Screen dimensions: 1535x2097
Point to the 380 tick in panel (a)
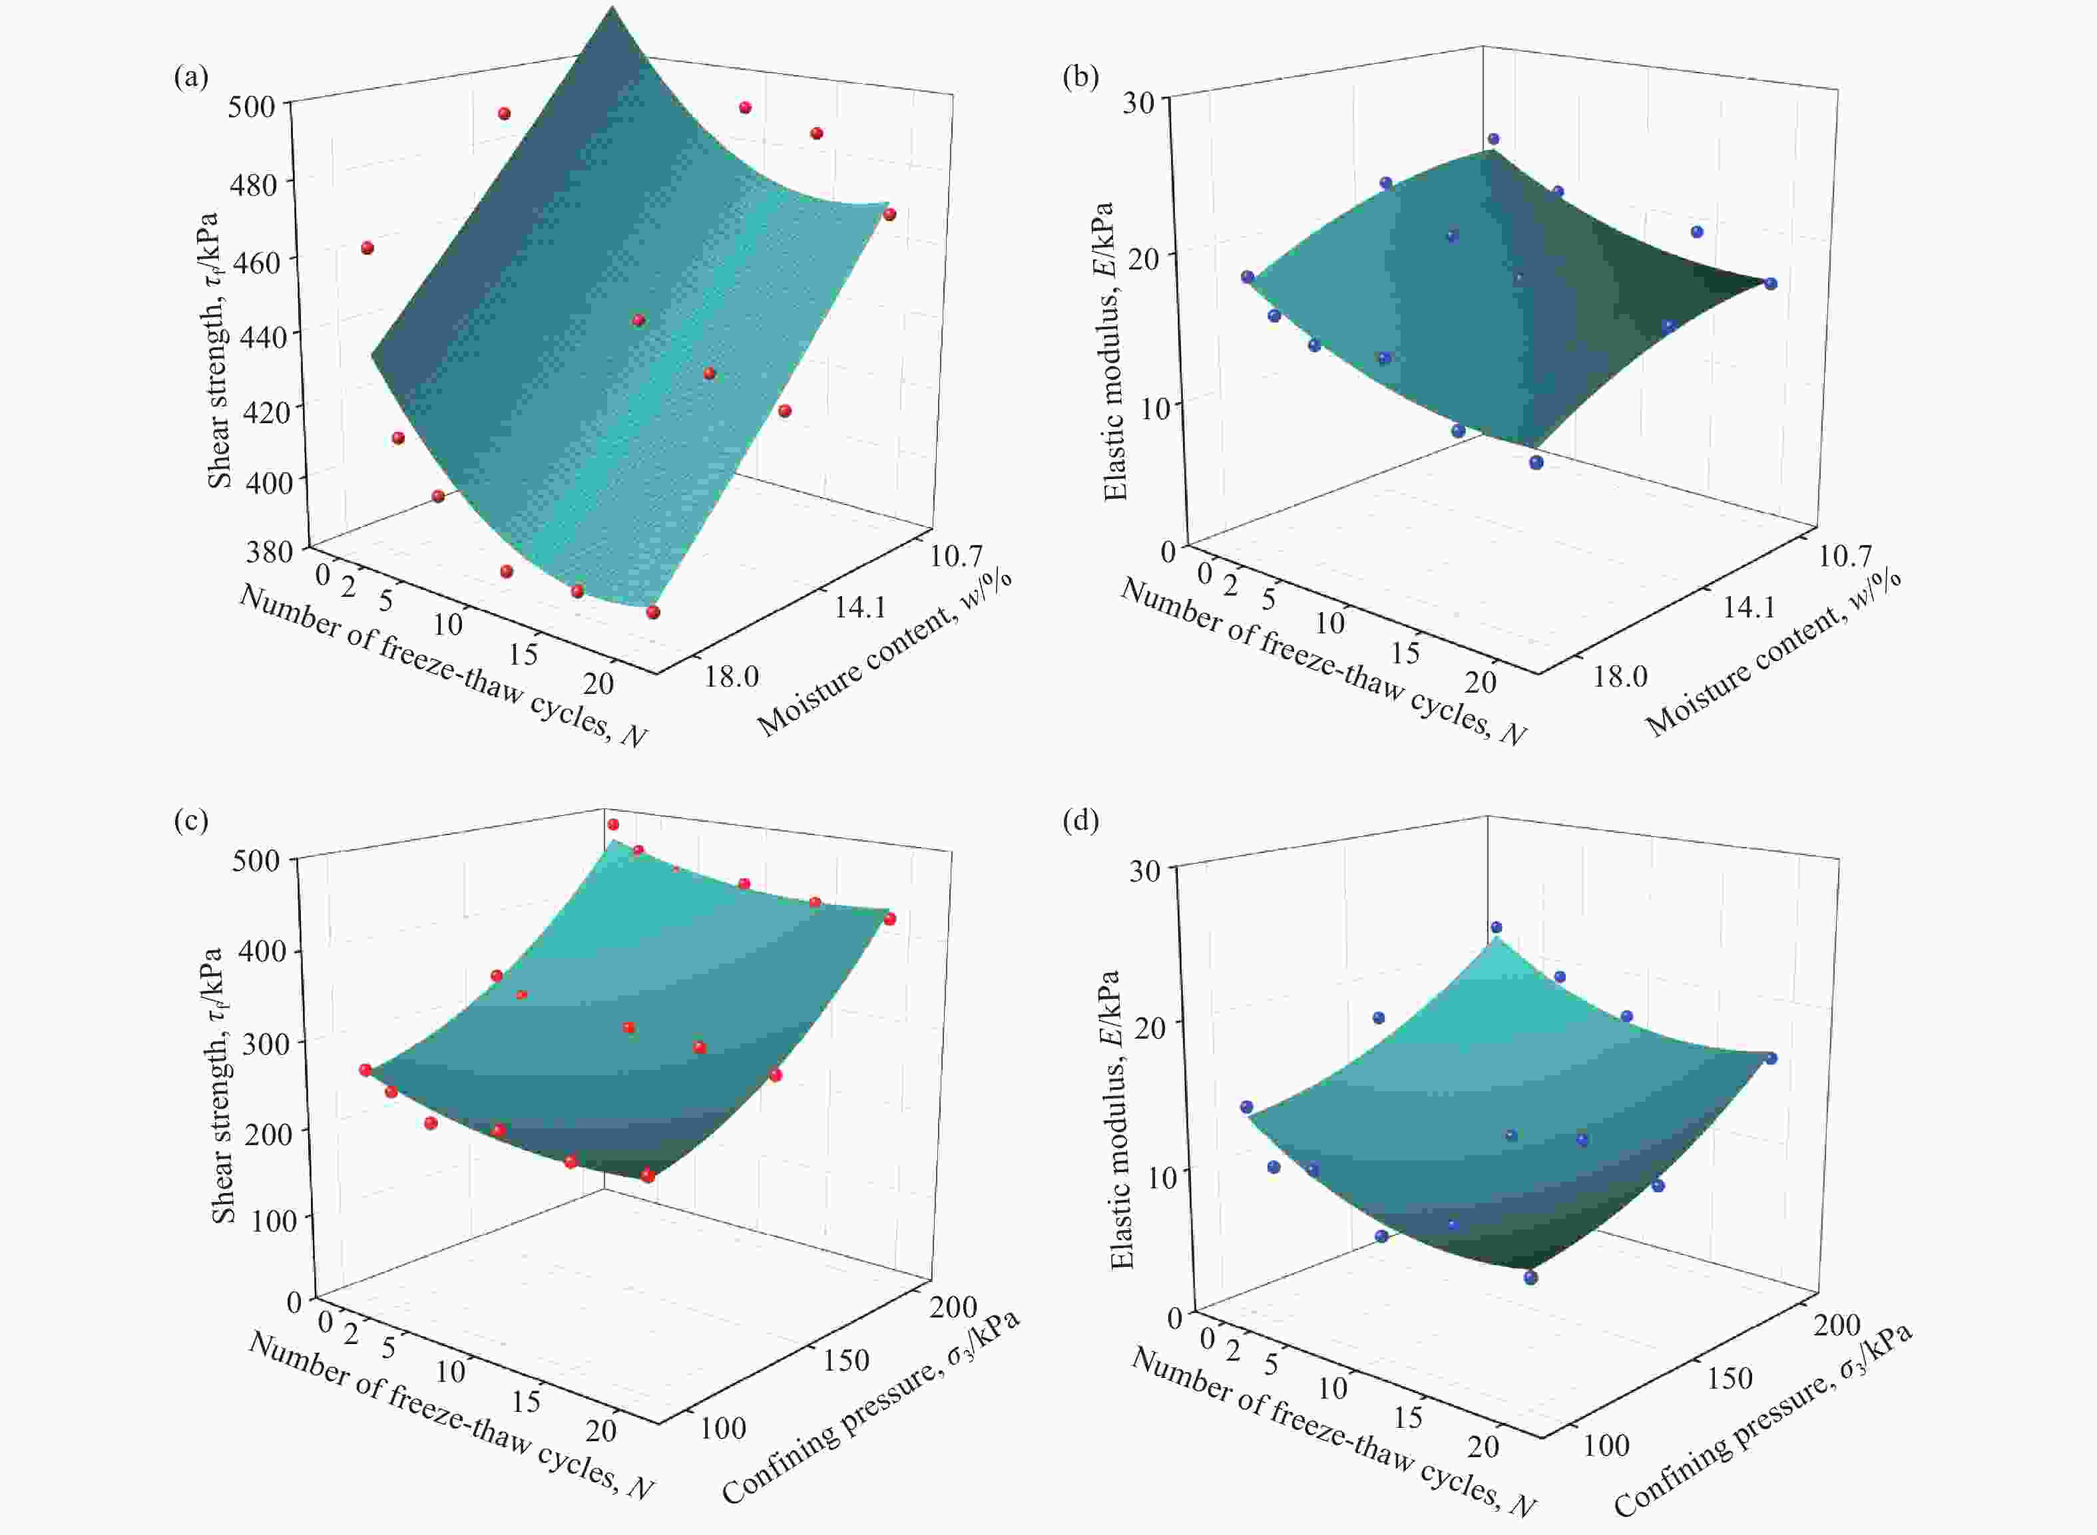click(x=270, y=552)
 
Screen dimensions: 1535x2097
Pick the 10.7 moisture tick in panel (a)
click(x=957, y=556)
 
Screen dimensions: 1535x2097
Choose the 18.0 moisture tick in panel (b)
click(x=1620, y=675)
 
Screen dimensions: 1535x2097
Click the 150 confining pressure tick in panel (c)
click(x=846, y=1360)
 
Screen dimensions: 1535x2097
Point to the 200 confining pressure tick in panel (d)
click(x=1837, y=1324)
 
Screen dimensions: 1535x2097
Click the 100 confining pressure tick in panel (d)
click(x=1606, y=1445)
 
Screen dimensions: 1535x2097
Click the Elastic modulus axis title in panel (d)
click(x=1122, y=1120)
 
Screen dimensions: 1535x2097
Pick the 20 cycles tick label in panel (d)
click(x=1483, y=1446)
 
